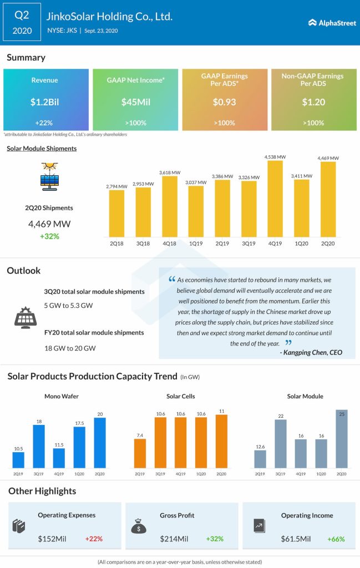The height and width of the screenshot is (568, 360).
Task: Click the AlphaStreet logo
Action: pyautogui.click(x=331, y=23)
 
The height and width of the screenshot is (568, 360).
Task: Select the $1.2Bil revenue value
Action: pyautogui.click(x=46, y=102)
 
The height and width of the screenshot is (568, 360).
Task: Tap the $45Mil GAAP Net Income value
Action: pyautogui.click(x=135, y=102)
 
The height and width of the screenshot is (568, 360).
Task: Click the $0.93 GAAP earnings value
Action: pyautogui.click(x=225, y=102)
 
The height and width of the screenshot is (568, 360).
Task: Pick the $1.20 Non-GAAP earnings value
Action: pyautogui.click(x=313, y=102)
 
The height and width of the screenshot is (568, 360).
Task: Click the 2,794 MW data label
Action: pyautogui.click(x=116, y=186)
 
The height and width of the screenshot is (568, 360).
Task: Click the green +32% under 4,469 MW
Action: pyautogui.click(x=49, y=236)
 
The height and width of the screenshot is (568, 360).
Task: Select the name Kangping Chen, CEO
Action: pyautogui.click(x=312, y=352)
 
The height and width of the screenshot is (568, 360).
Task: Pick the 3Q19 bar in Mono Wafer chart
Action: pyautogui.click(x=39, y=446)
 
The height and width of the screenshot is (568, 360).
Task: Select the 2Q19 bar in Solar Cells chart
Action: pyautogui.click(x=140, y=453)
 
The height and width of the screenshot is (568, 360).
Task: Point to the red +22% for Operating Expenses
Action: pyautogui.click(x=94, y=539)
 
